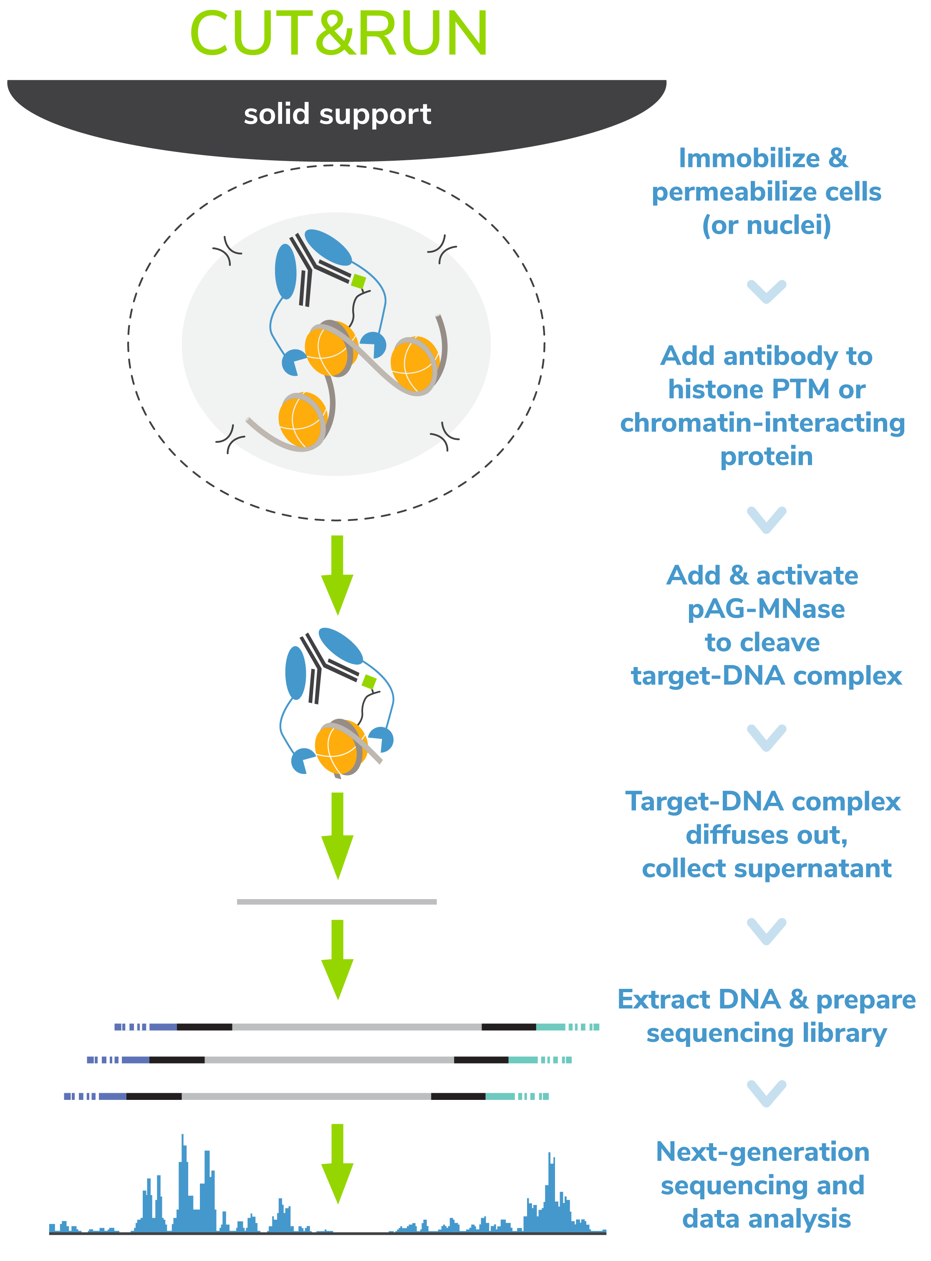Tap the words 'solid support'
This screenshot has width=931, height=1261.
[x=338, y=114]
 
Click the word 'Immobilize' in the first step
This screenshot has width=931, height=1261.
[x=749, y=158]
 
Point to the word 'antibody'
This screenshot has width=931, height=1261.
[x=782, y=356]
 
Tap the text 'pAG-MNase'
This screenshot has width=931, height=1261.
[x=766, y=609]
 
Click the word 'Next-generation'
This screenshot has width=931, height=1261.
[x=762, y=1152]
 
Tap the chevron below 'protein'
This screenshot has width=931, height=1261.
[x=767, y=519]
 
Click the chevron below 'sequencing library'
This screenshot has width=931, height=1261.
[x=767, y=1093]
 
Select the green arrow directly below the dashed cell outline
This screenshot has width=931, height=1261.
[x=337, y=575]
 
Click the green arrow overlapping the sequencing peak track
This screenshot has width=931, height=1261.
[x=337, y=1163]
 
